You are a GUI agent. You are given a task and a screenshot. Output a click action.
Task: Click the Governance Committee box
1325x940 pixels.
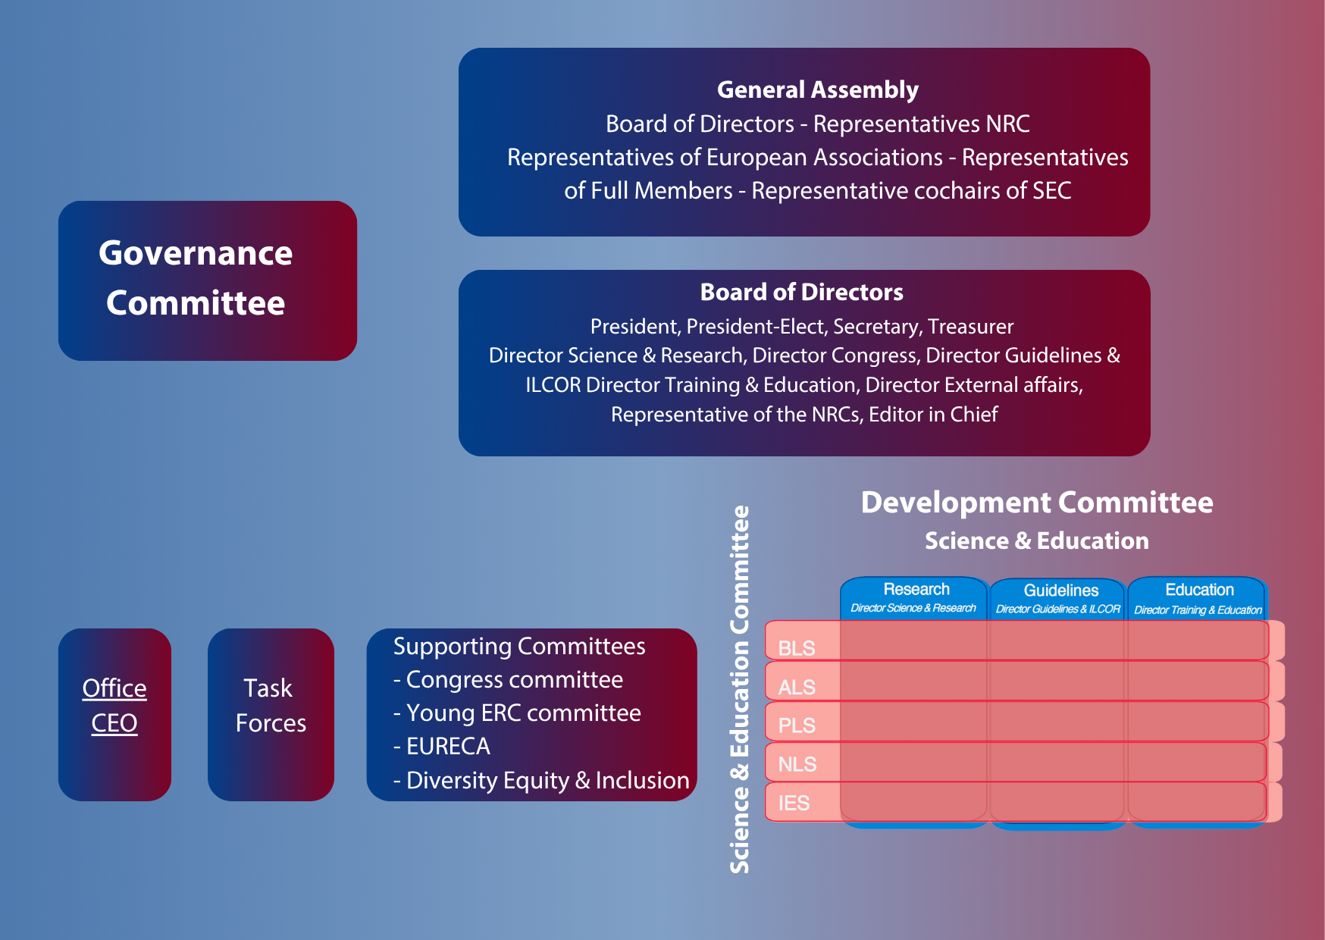coord(207,280)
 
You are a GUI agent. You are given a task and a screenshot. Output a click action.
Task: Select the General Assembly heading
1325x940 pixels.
coord(817,89)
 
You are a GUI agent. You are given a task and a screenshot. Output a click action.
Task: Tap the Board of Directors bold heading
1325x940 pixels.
coord(801,292)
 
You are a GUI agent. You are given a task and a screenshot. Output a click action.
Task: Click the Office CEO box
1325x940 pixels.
coord(114,706)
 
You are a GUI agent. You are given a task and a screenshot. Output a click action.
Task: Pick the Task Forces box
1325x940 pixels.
coord(271,706)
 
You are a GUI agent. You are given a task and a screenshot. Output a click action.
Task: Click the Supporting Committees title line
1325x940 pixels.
coord(518,646)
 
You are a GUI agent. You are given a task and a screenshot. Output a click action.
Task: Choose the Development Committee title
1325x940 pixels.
coord(1036,503)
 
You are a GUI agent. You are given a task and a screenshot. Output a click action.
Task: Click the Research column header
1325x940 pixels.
coord(915,590)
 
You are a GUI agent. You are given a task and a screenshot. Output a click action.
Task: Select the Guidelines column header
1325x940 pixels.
coord(1060,591)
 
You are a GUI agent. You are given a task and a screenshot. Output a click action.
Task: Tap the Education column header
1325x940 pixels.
coord(1198,590)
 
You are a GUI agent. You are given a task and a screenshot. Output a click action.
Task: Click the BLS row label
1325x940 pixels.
coord(796,648)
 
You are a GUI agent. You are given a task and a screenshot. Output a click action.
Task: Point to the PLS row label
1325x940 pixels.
coord(796,725)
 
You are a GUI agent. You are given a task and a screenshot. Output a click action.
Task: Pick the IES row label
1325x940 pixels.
coord(794,803)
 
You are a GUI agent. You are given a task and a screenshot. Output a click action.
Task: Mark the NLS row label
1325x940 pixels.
coord(797,764)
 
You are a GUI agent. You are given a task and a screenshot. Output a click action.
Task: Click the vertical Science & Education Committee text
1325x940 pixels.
coord(739,690)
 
